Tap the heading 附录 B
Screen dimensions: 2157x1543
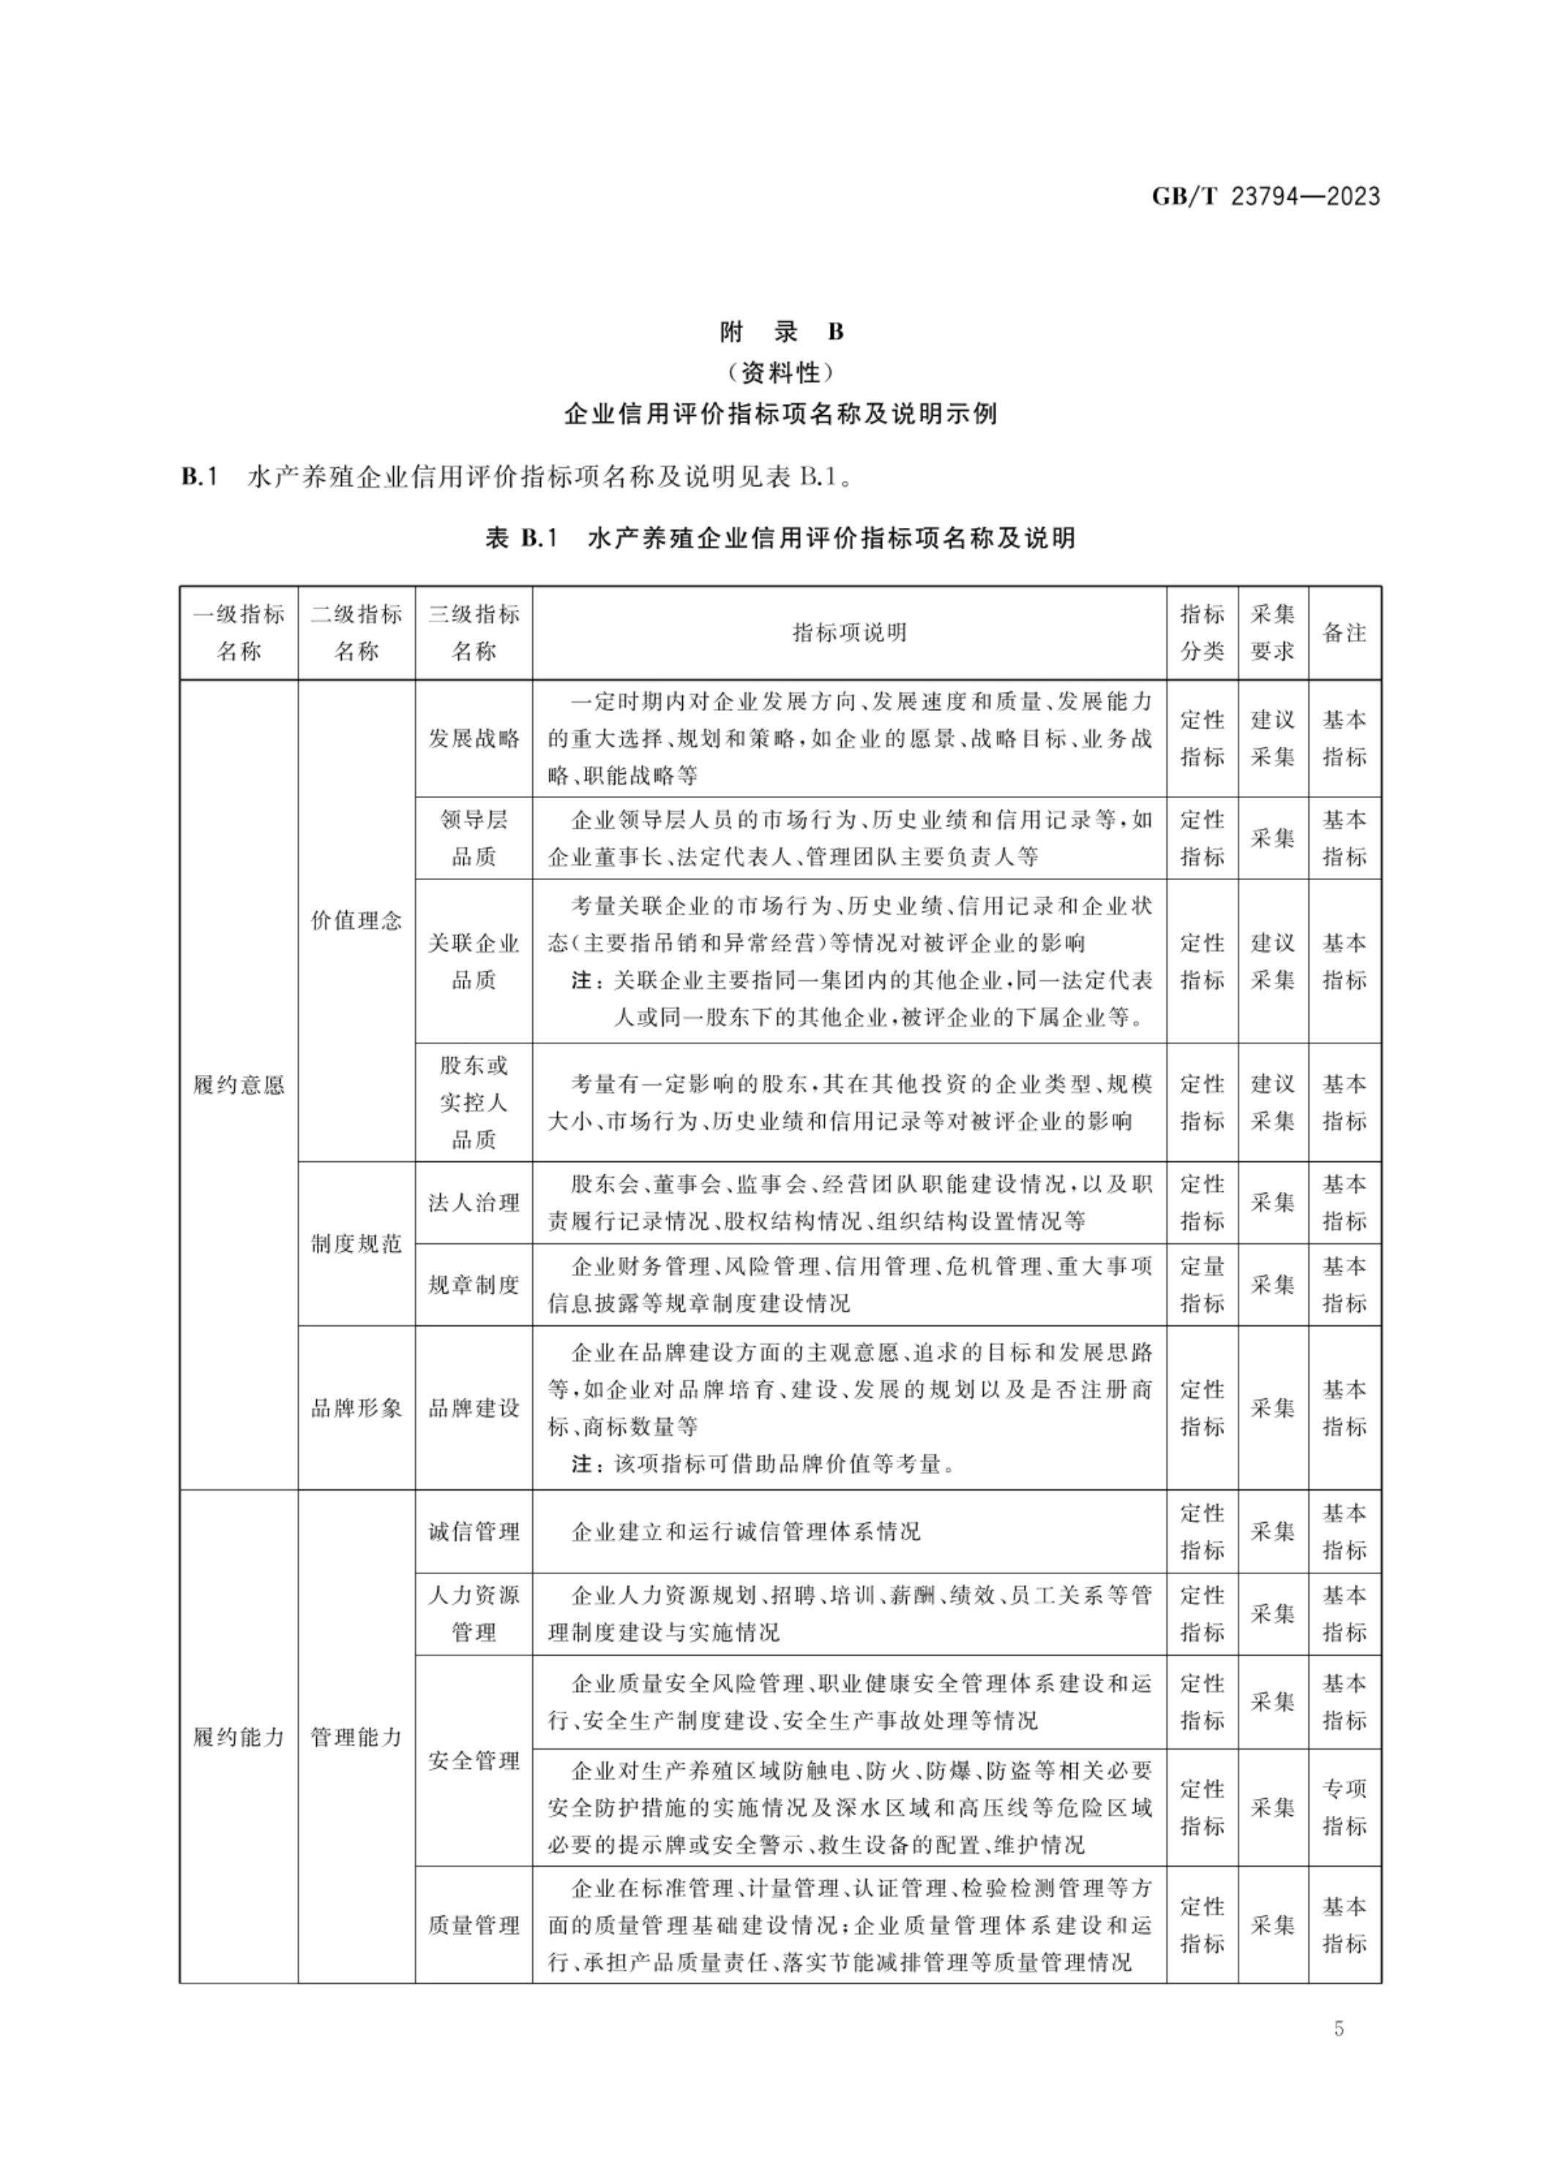click(x=781, y=332)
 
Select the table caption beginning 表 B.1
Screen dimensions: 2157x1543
click(x=780, y=538)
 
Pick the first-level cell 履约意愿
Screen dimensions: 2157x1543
click(x=239, y=1084)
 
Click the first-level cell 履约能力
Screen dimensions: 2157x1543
click(x=239, y=1737)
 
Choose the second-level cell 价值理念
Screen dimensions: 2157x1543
click(x=356, y=920)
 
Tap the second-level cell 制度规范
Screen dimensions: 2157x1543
click(x=356, y=1243)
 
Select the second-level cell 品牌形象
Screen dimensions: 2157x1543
click(x=356, y=1407)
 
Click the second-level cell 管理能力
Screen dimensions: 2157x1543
click(x=356, y=1737)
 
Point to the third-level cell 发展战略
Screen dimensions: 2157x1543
click(x=473, y=738)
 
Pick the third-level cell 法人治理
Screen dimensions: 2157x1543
click(x=473, y=1202)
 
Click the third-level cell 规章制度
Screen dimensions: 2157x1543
click(x=473, y=1285)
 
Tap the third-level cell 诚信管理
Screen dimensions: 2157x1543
click(x=473, y=1531)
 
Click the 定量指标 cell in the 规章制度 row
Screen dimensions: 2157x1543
click(x=1202, y=1285)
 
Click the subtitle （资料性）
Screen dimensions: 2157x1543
click(x=781, y=373)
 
